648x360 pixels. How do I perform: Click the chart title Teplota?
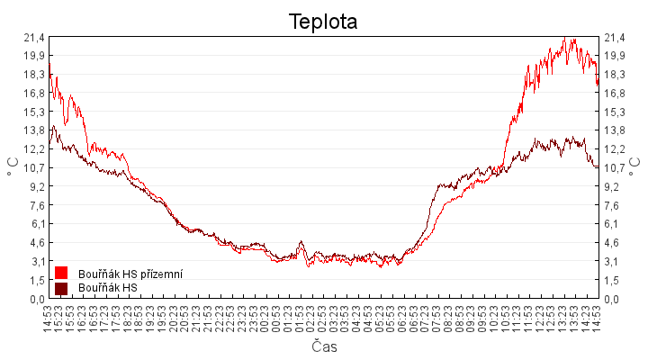pos(323,22)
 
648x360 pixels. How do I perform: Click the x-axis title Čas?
pos(323,346)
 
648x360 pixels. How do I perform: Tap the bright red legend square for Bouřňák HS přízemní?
pos(62,273)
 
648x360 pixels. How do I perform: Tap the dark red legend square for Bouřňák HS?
pos(62,288)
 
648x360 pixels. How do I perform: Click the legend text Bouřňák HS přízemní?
pos(131,273)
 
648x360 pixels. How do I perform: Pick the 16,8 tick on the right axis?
pos(615,93)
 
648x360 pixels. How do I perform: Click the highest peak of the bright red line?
pos(564,39)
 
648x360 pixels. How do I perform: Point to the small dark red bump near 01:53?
pos(301,241)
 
